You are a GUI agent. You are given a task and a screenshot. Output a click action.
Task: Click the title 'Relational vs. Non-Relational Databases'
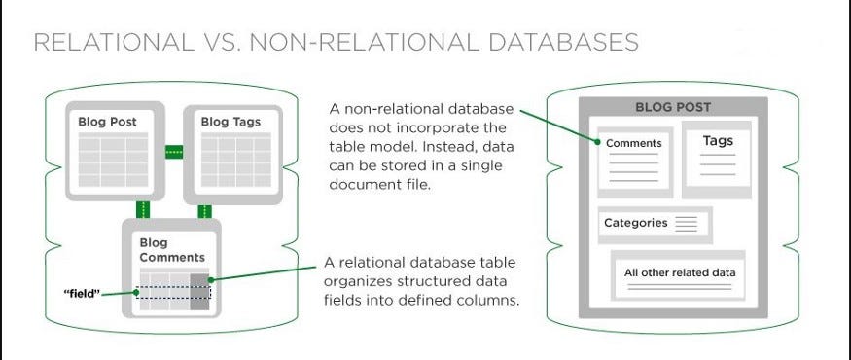337,43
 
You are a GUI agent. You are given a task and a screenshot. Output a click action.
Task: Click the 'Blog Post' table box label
107,122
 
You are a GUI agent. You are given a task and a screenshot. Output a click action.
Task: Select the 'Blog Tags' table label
230,122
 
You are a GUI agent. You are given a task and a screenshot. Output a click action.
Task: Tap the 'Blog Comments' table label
172,250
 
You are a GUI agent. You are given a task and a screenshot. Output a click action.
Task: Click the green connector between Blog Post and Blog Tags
174,152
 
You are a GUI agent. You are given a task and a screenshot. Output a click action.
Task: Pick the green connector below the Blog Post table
143,210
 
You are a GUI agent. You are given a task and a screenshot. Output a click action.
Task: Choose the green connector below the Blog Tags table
205,210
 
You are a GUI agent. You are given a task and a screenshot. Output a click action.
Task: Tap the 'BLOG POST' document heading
673,107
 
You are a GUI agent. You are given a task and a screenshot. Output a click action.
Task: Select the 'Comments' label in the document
633,143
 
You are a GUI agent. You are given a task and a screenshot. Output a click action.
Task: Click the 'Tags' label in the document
718,141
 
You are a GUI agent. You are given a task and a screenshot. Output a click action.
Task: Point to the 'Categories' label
636,223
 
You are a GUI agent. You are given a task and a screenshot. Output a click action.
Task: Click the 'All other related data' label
680,271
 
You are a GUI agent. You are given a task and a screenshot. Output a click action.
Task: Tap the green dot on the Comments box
596,142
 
